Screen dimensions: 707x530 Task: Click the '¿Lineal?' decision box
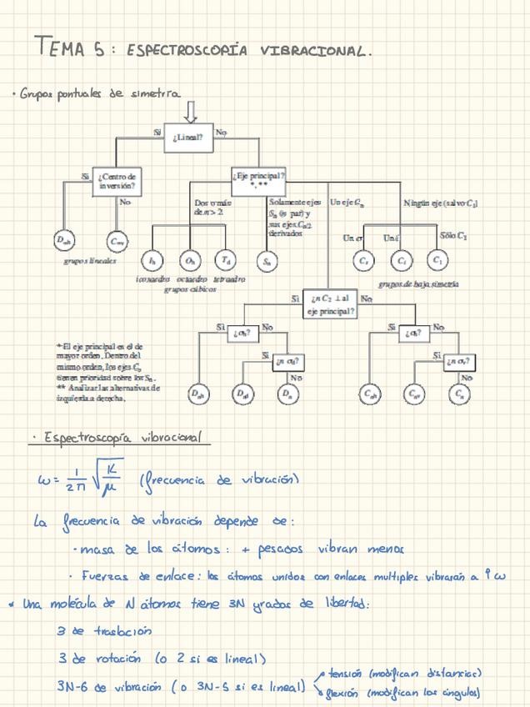coord(191,135)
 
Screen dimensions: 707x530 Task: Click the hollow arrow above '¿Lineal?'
coord(191,110)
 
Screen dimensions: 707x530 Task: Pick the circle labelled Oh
coord(191,261)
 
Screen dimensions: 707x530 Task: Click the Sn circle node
coord(267,261)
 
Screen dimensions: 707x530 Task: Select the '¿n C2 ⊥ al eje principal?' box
coord(331,303)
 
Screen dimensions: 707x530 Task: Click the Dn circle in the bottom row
coord(287,392)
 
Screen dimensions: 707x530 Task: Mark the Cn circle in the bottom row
coord(459,392)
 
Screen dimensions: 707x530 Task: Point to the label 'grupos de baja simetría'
coord(417,283)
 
